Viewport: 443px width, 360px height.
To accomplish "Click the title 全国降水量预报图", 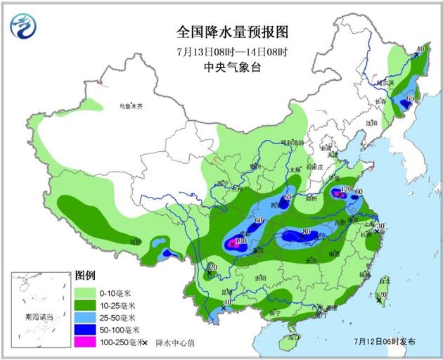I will (x=232, y=32).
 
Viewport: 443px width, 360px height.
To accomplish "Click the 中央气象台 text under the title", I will (x=232, y=67).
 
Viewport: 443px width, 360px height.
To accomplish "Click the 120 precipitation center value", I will (x=345, y=190).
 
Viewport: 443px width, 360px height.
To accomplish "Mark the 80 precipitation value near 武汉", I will (x=306, y=231).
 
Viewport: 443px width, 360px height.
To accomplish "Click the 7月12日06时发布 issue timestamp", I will (x=385, y=341).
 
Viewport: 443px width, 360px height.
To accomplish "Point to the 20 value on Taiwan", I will (x=383, y=295).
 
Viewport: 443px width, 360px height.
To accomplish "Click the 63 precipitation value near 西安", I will (x=288, y=198).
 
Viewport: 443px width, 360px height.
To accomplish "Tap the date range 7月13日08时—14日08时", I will (x=232, y=51).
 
